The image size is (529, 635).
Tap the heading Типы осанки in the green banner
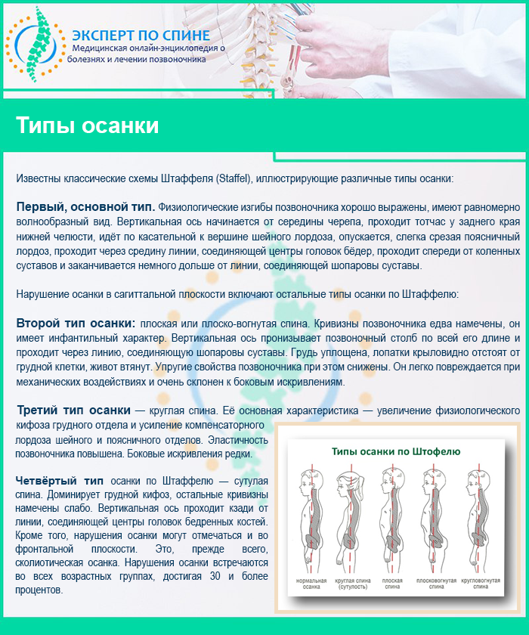tap(88, 125)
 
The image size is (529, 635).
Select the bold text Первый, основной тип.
tap(85, 206)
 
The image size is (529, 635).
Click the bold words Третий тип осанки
tap(73, 410)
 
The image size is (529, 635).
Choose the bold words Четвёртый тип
tap(60, 481)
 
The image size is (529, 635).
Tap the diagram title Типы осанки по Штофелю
tap(396, 451)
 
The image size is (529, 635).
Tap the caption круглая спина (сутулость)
tap(352, 584)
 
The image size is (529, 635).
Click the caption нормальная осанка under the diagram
tap(311, 584)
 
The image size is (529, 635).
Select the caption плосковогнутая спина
tap(437, 584)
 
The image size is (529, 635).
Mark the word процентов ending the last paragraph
tap(38, 590)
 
